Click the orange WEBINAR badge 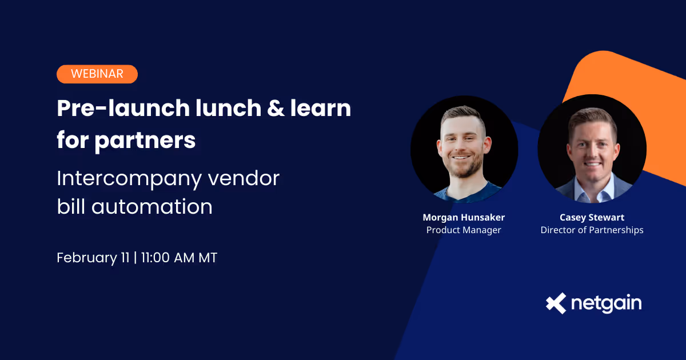97,74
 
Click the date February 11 93,258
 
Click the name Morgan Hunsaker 464,217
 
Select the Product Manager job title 464,230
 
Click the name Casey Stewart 592,217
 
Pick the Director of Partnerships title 592,230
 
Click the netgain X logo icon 556,303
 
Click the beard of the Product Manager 464,169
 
